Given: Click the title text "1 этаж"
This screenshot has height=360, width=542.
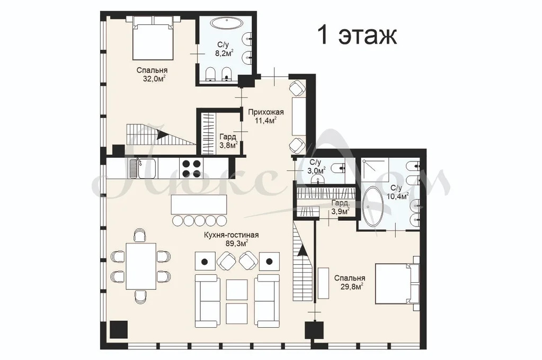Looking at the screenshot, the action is click(x=357, y=35).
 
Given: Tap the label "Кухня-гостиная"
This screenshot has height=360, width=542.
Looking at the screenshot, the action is click(x=231, y=235).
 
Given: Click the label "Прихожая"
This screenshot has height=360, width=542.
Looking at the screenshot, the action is click(x=266, y=112).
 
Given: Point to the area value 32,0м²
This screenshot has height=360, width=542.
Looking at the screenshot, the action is click(x=154, y=79).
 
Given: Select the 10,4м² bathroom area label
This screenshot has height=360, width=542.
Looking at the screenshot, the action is click(x=398, y=196).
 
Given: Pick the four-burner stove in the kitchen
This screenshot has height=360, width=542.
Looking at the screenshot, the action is click(x=191, y=168).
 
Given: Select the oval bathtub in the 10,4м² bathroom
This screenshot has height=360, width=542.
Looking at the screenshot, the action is click(x=372, y=206).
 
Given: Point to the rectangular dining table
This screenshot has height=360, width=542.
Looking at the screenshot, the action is click(x=141, y=266).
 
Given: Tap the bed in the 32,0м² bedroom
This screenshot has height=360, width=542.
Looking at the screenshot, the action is click(x=153, y=38).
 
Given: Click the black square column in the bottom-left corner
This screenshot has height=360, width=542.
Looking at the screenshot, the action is click(x=118, y=330).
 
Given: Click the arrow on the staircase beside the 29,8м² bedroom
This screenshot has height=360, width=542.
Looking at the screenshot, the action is click(x=303, y=250).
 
